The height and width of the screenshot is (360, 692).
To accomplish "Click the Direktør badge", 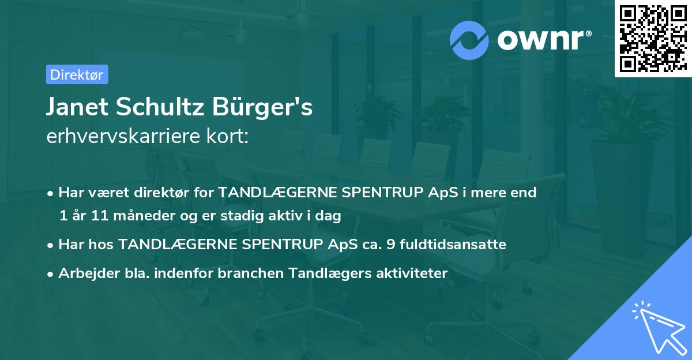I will tap(77, 74).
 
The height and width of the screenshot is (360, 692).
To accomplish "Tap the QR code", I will tap(653, 38).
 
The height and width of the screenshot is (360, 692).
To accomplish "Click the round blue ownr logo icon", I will tap(469, 40).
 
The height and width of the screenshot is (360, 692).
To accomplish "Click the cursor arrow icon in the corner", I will tap(659, 327).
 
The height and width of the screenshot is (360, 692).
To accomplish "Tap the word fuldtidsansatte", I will tap(453, 245).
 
